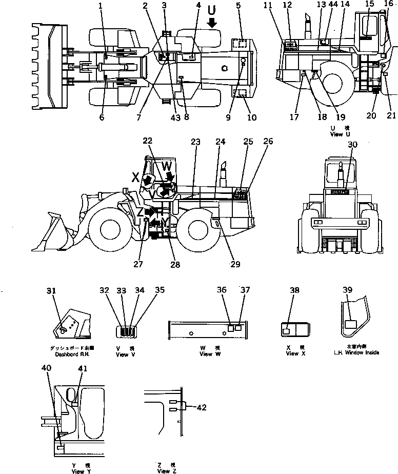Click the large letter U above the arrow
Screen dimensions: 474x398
pyautogui.click(x=212, y=10)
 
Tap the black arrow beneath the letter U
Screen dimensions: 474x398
pyautogui.click(x=212, y=23)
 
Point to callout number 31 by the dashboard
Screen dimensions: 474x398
pyautogui.click(x=51, y=290)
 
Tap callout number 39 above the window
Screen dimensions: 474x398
pyautogui.click(x=348, y=290)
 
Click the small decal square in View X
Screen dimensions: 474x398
pyautogui.click(x=286, y=331)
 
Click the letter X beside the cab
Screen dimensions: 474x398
pyautogui.click(x=136, y=177)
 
